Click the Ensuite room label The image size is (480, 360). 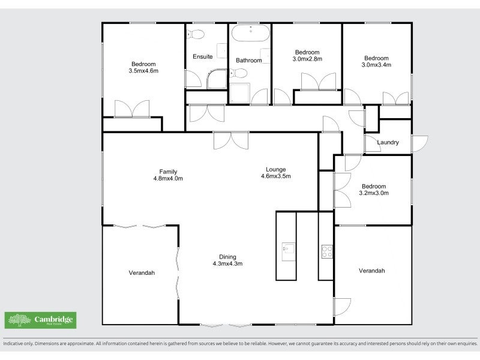coord(202,57)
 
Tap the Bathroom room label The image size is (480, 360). coord(248,61)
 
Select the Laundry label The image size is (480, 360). coord(388,142)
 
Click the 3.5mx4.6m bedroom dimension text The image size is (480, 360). coord(143,71)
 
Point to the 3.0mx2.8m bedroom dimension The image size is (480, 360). coord(307,59)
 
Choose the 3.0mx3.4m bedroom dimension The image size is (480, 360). coord(376,65)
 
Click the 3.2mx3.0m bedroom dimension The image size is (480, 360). coord(373,193)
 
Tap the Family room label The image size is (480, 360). coord(168,172)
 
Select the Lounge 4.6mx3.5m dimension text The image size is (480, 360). coord(276,176)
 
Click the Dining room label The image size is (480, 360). coord(227,257)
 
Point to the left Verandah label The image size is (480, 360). coord(142,272)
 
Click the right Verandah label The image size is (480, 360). coord(372,271)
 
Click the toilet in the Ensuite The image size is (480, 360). coord(196,33)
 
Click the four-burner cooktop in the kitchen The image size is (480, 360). coord(327,251)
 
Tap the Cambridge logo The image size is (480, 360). coord(40,320)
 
